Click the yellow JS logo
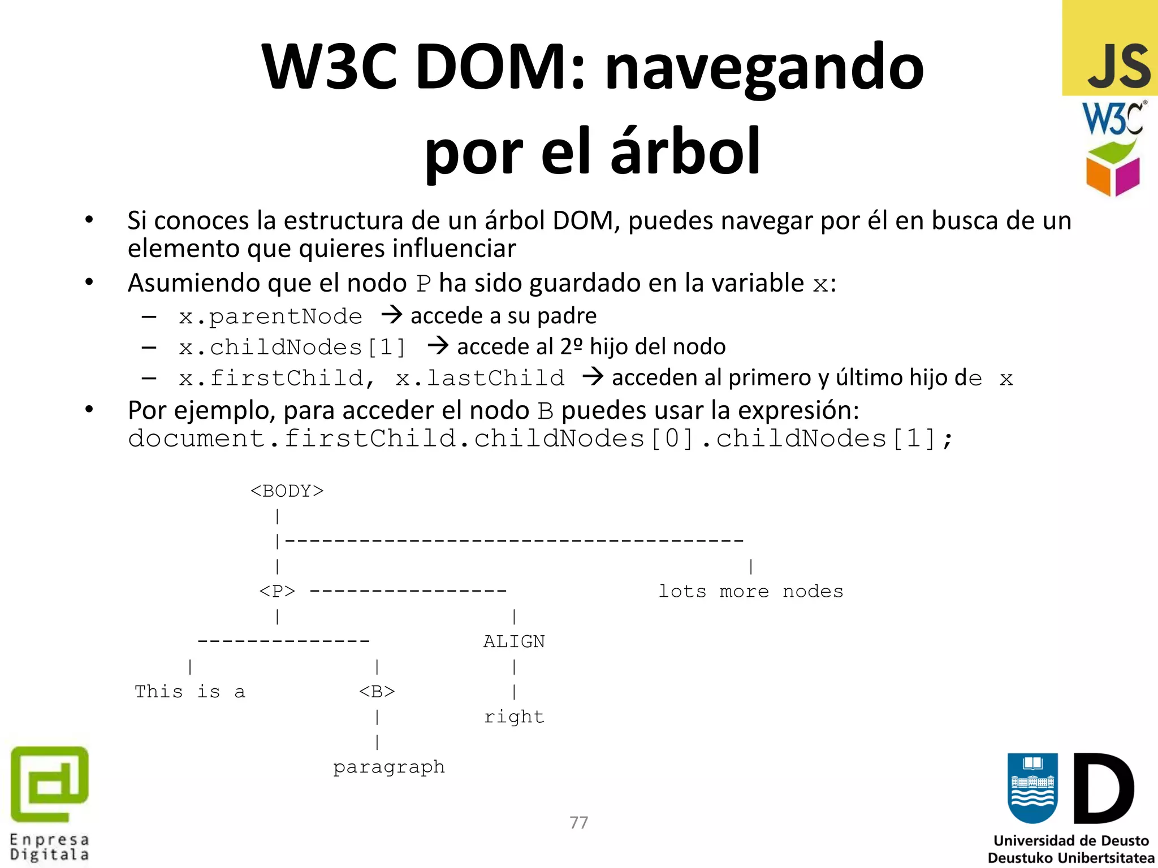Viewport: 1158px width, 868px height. [1109, 48]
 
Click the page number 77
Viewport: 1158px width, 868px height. [578, 822]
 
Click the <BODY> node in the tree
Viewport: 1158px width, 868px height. [287, 491]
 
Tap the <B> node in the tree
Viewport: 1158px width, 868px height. [377, 692]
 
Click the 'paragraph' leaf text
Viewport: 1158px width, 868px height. [389, 767]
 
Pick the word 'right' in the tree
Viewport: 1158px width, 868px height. [514, 717]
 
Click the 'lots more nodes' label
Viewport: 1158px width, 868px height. [751, 592]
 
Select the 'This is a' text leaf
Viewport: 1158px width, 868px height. [190, 692]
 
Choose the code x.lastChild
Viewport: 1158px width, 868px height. [480, 378]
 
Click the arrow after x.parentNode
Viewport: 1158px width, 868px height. [391, 314]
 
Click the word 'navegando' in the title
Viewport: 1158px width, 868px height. [764, 67]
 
